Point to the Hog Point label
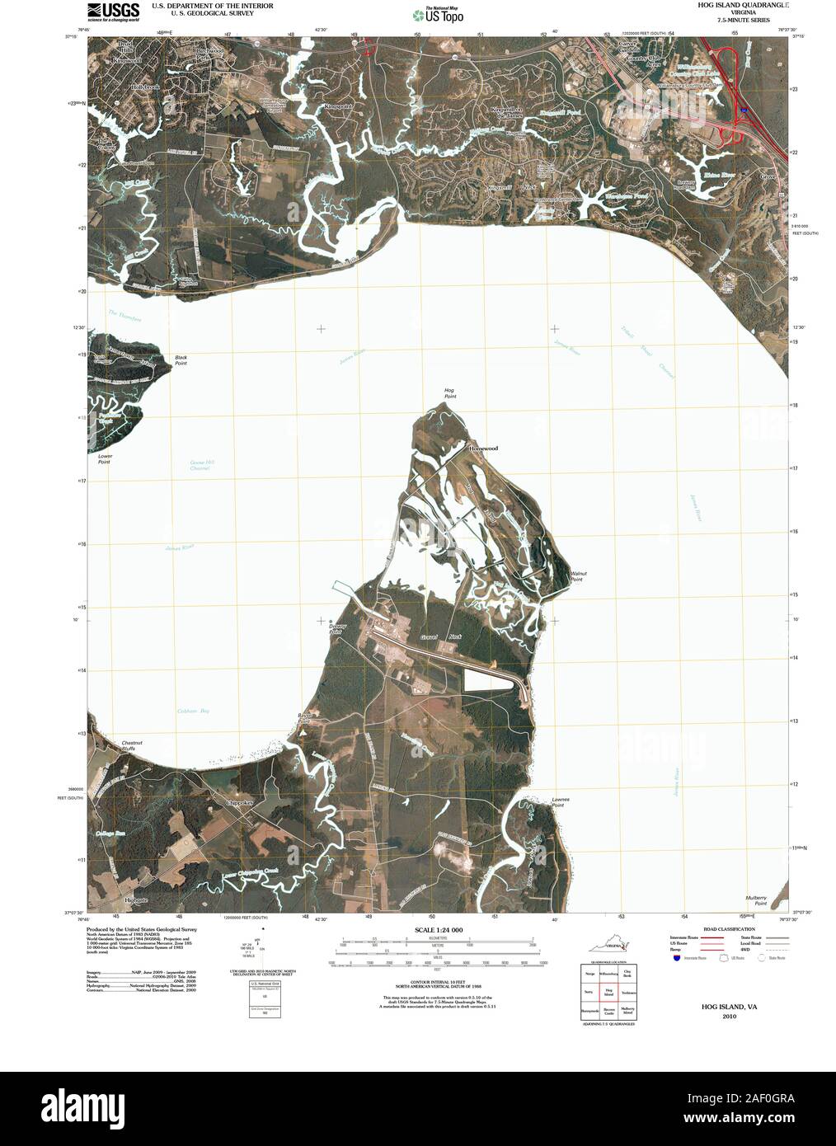(449, 393)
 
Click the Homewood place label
(483, 448)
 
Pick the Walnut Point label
(576, 577)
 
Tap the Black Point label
(181, 360)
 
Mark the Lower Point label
(105, 458)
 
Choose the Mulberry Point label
(754, 900)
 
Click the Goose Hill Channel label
(201, 465)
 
